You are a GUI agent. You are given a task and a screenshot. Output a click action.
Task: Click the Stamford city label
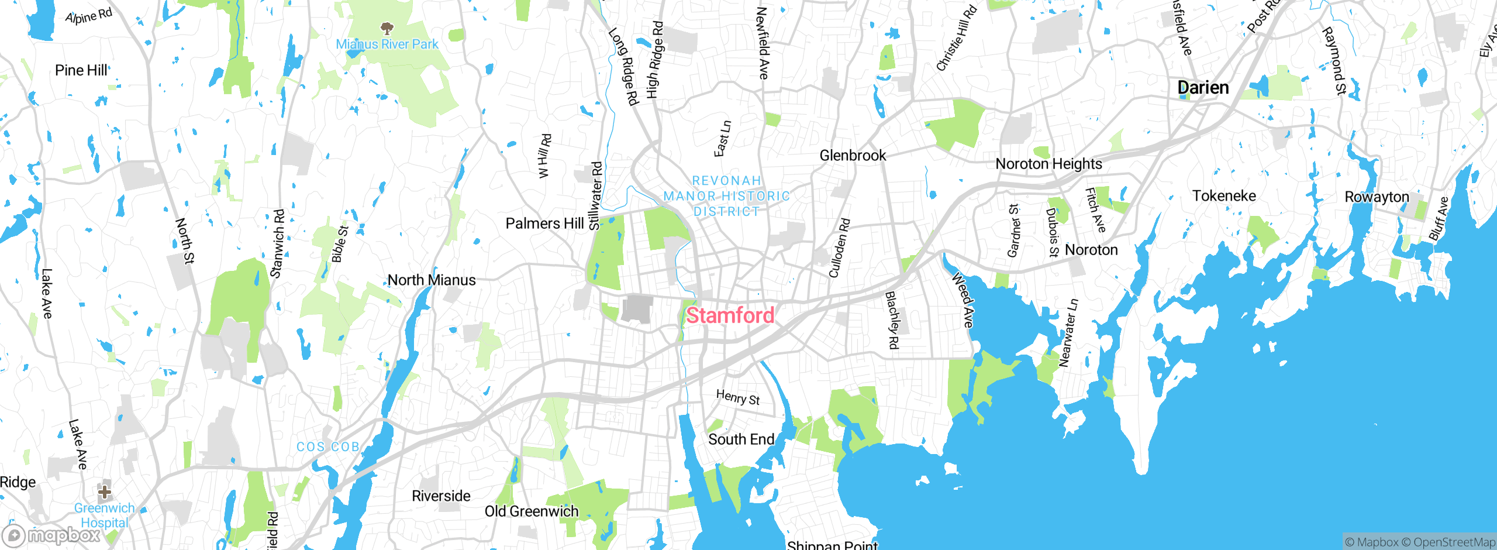click(730, 315)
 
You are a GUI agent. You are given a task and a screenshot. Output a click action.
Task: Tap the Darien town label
click(1203, 88)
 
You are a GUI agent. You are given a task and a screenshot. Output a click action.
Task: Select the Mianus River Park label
click(387, 44)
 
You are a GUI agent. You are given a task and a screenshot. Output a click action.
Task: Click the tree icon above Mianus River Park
click(387, 28)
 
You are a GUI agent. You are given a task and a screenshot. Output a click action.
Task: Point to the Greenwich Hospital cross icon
click(105, 491)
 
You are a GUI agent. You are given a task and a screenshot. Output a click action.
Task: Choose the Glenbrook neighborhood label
click(853, 156)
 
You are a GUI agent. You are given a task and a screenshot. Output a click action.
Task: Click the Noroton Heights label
click(1048, 164)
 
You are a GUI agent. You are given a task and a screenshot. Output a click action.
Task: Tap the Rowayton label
click(1377, 197)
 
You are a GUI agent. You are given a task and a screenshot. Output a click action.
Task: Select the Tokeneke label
click(1224, 196)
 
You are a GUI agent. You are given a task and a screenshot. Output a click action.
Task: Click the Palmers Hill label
click(544, 224)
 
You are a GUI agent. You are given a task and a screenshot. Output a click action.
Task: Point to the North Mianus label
click(432, 280)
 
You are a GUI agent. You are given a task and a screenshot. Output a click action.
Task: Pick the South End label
click(741, 439)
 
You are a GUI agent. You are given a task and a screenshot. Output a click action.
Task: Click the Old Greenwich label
click(532, 511)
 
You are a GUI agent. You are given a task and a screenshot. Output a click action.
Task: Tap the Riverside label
click(441, 496)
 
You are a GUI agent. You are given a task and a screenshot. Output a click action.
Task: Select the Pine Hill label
click(81, 70)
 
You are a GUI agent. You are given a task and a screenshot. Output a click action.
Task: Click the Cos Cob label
click(327, 447)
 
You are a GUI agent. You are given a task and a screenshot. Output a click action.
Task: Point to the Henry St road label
click(738, 398)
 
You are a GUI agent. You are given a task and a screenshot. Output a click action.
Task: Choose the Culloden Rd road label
click(839, 248)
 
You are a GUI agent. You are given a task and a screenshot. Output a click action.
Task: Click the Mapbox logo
click(51, 535)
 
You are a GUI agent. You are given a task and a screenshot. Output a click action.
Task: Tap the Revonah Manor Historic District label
click(726, 196)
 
